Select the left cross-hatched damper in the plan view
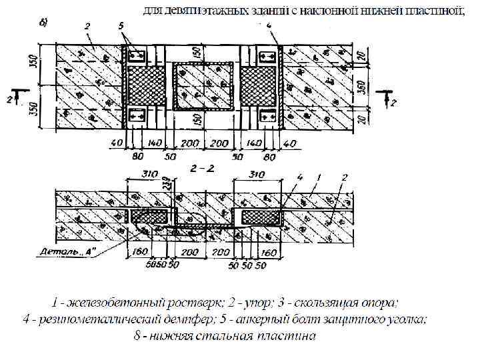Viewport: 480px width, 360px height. click(x=143, y=86)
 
